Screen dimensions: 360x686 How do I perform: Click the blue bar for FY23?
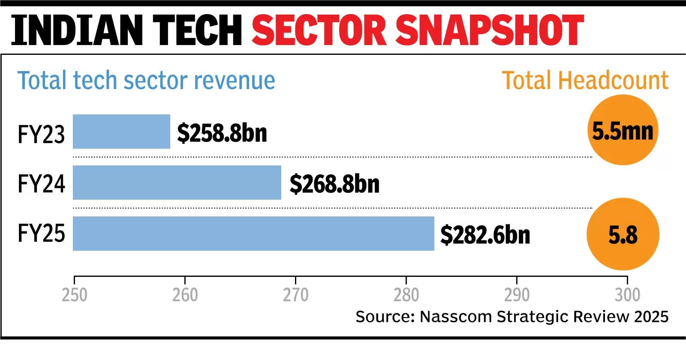tap(121, 132)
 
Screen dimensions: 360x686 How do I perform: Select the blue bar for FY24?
tap(177, 183)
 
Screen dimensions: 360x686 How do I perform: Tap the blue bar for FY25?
tap(253, 234)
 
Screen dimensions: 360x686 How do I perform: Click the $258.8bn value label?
tap(222, 133)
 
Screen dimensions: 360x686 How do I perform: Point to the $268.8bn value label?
tap(334, 184)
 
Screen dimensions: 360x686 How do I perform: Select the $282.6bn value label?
tap(485, 235)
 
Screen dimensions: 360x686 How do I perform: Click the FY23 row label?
tap(41, 134)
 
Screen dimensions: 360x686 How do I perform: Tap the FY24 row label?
tap(41, 184)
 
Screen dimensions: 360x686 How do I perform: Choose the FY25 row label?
tap(41, 234)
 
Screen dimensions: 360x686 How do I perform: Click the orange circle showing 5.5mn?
tap(623, 130)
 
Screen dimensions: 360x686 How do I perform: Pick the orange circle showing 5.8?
tap(623, 234)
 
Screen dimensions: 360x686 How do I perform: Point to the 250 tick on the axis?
tap(75, 295)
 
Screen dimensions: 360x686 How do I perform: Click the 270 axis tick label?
tap(295, 295)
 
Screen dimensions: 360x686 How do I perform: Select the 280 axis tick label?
tap(406, 295)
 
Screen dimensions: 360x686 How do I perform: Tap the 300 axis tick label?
tap(627, 295)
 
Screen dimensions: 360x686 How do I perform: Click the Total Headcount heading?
tap(585, 80)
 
